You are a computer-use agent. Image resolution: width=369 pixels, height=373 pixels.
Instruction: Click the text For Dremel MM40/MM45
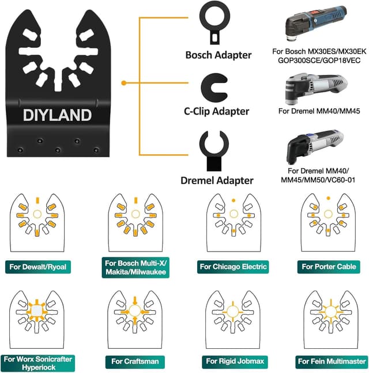(x=320, y=111)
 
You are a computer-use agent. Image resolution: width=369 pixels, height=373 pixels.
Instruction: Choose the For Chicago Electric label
(x=232, y=267)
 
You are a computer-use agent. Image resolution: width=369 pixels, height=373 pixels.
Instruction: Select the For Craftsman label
(x=134, y=361)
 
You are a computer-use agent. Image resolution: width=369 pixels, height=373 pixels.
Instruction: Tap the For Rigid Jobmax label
(x=232, y=361)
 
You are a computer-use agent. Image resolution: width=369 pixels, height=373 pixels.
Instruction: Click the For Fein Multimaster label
(x=330, y=361)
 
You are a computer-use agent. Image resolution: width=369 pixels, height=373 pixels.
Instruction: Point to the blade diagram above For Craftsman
(x=134, y=320)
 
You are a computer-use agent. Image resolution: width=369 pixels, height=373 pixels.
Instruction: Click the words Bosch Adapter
(x=218, y=55)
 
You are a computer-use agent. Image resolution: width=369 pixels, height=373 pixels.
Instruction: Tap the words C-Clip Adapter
(x=216, y=111)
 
